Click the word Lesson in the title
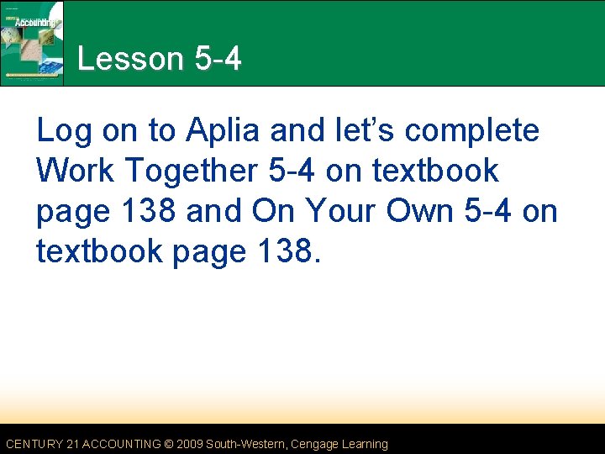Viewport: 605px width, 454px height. [x=129, y=60]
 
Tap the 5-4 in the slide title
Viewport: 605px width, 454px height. [x=217, y=60]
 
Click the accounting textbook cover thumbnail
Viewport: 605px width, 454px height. [x=33, y=42]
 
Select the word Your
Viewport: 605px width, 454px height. [x=339, y=211]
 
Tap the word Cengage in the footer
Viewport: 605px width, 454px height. [x=318, y=444]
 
